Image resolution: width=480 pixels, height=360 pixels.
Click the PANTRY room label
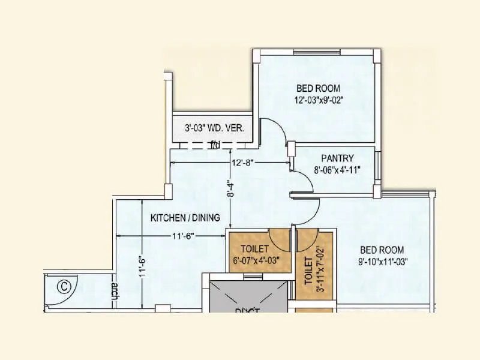pyautogui.click(x=337, y=158)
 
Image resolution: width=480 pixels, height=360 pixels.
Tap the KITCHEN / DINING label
pyautogui.click(x=185, y=217)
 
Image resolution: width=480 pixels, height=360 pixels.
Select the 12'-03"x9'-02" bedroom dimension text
pyautogui.click(x=319, y=100)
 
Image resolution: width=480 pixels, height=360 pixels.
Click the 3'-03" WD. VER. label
pyautogui.click(x=214, y=128)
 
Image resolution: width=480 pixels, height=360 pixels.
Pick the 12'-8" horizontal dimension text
pyautogui.click(x=244, y=162)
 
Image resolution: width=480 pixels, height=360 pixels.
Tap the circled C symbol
pyautogui.click(x=64, y=286)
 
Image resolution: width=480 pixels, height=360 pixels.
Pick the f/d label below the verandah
pyautogui.click(x=214, y=145)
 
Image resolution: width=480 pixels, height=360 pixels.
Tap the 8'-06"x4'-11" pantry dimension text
pyautogui.click(x=337, y=170)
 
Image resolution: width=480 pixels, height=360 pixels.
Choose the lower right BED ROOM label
pyautogui.click(x=382, y=250)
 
